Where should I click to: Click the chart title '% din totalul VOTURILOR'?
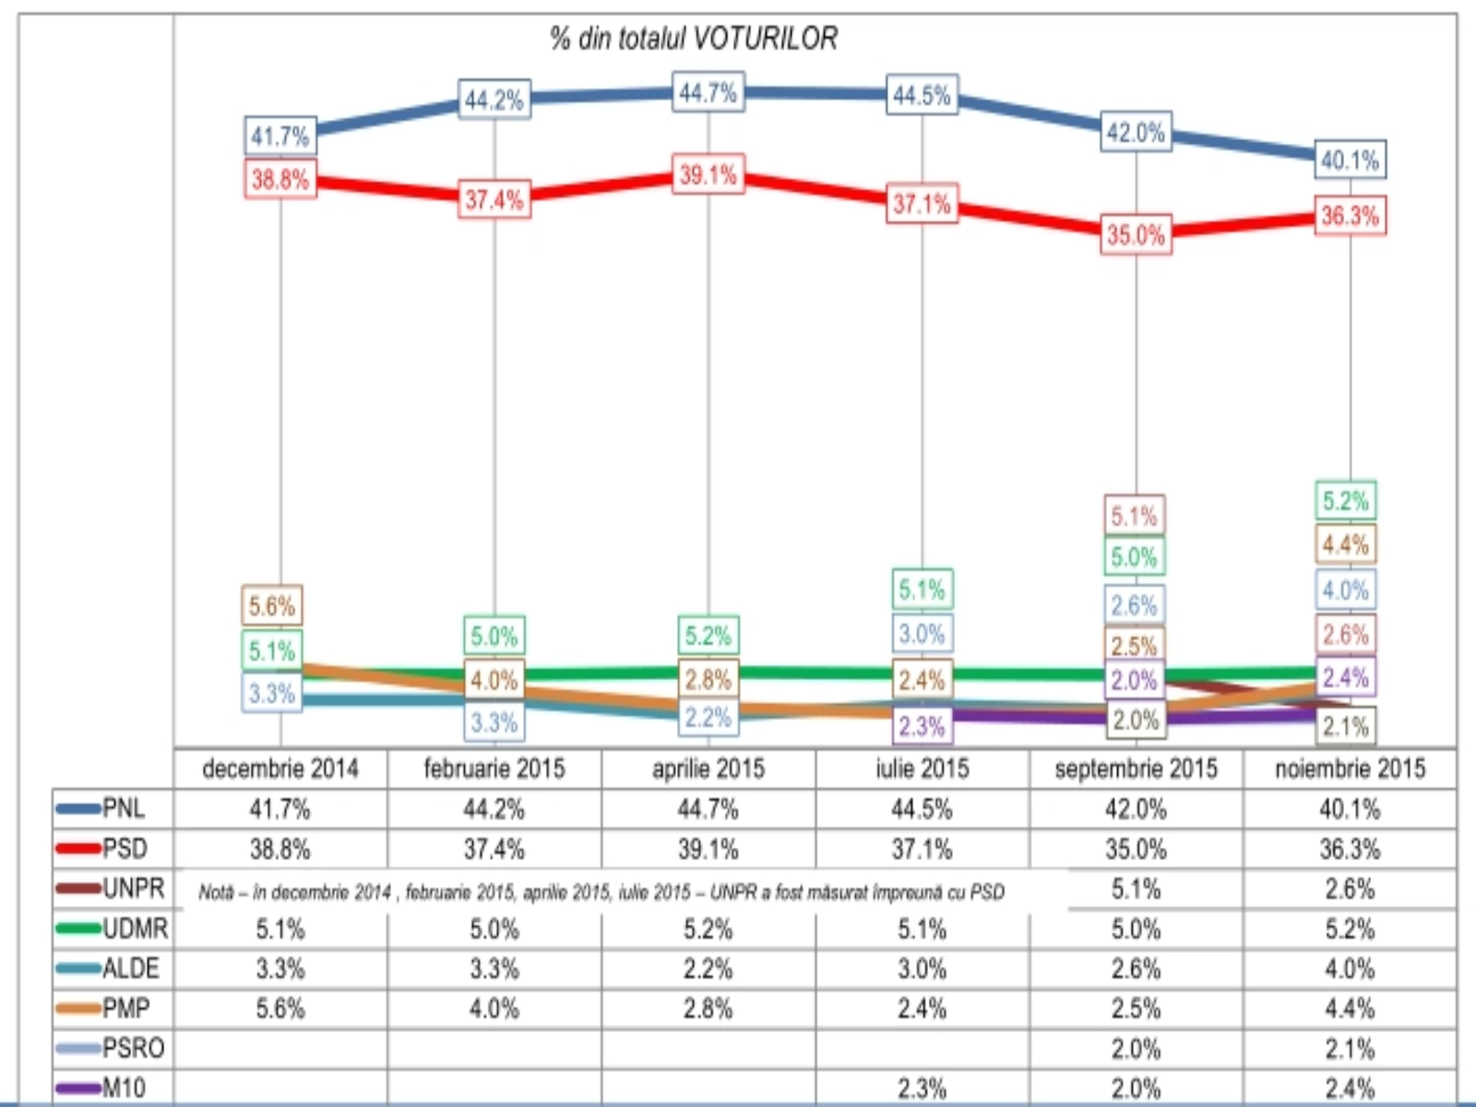pos(694,39)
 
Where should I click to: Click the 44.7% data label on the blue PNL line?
pos(708,93)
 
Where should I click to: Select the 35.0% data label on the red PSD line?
pos(1136,234)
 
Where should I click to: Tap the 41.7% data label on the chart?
pos(280,137)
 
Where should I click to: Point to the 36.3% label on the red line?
pos(1350,216)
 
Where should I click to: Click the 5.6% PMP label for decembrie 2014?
pos(271,606)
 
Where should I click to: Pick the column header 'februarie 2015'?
pos(494,768)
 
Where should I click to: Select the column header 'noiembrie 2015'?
pos(1350,768)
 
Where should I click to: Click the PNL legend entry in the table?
pos(113,809)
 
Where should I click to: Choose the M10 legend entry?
pos(113,1088)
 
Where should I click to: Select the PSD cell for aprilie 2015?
pos(708,849)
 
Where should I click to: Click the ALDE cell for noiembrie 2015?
pos(1350,969)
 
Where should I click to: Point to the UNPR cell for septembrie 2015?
pos(1136,889)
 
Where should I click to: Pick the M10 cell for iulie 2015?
pos(922,1089)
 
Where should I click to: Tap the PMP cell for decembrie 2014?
pos(280,1008)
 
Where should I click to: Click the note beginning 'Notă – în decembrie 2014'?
pos(601,892)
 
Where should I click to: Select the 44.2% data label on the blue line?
pos(494,100)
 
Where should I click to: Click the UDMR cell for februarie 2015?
pos(494,929)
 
